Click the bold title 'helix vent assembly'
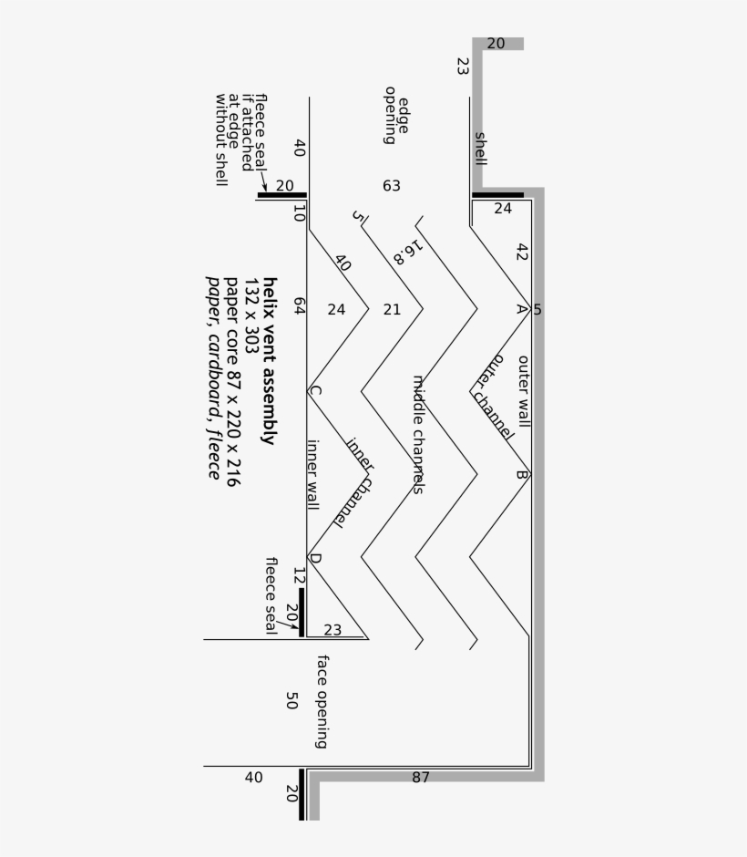pyautogui.click(x=270, y=361)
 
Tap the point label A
pyautogui.click(x=522, y=309)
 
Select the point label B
pyautogui.click(x=522, y=474)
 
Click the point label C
pyautogui.click(x=315, y=391)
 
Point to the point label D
pyautogui.click(x=315, y=558)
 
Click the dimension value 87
pyautogui.click(x=421, y=777)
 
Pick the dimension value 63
pyautogui.click(x=392, y=186)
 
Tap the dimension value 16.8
pyautogui.click(x=408, y=253)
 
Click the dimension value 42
pyautogui.click(x=522, y=252)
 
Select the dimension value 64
pyautogui.click(x=299, y=305)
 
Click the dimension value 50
pyautogui.click(x=292, y=701)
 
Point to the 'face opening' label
pyautogui.click(x=322, y=702)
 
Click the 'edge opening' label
pyautogui.click(x=396, y=115)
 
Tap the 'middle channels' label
pyautogui.click(x=418, y=435)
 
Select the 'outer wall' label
pyautogui.click(x=523, y=391)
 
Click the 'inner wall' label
pyautogui.click(x=312, y=475)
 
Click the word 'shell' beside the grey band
pyautogui.click(x=480, y=149)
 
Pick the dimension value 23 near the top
pyautogui.click(x=463, y=67)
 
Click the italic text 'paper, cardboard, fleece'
pyautogui.click(x=213, y=377)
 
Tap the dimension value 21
pyautogui.click(x=392, y=310)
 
